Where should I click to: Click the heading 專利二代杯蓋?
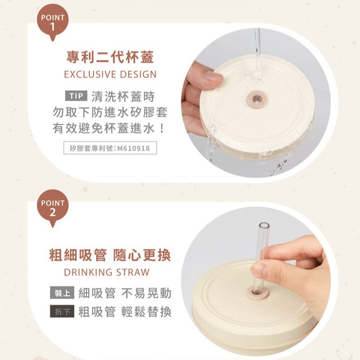coord(110,57)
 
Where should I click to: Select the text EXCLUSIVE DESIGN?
coord(110,74)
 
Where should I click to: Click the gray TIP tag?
coord(76,96)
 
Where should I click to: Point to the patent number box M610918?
coord(110,148)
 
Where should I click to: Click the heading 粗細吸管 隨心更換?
coord(110,255)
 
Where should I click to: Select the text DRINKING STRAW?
coord(107,272)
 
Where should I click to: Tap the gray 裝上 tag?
coord(62,292)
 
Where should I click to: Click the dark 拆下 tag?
coord(62,311)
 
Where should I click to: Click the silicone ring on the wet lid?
coord(256,99)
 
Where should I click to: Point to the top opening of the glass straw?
coord(264,225)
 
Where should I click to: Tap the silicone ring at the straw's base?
coord(257,293)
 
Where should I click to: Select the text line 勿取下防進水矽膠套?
coord(110,112)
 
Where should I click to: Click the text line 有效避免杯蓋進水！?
coord(108,128)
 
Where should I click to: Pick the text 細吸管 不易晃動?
coord(125,293)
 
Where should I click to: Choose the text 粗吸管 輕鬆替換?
coord(125,311)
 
